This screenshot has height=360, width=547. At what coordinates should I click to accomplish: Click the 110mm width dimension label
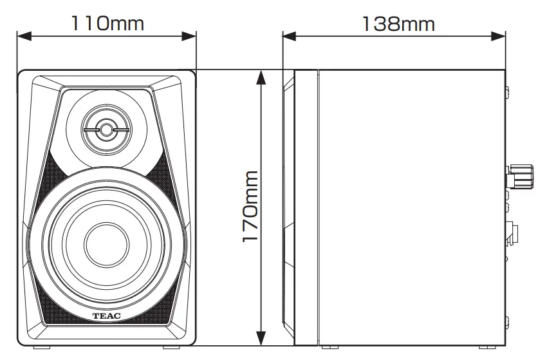click(x=107, y=23)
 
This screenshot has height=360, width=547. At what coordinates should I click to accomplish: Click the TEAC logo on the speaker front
click(x=106, y=317)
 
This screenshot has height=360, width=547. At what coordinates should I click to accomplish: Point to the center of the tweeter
click(x=106, y=129)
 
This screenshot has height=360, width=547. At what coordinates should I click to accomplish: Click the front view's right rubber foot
click(x=172, y=348)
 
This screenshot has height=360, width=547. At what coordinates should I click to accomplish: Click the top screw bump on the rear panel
click(x=506, y=91)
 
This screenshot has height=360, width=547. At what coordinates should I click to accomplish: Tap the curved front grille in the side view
click(x=288, y=206)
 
